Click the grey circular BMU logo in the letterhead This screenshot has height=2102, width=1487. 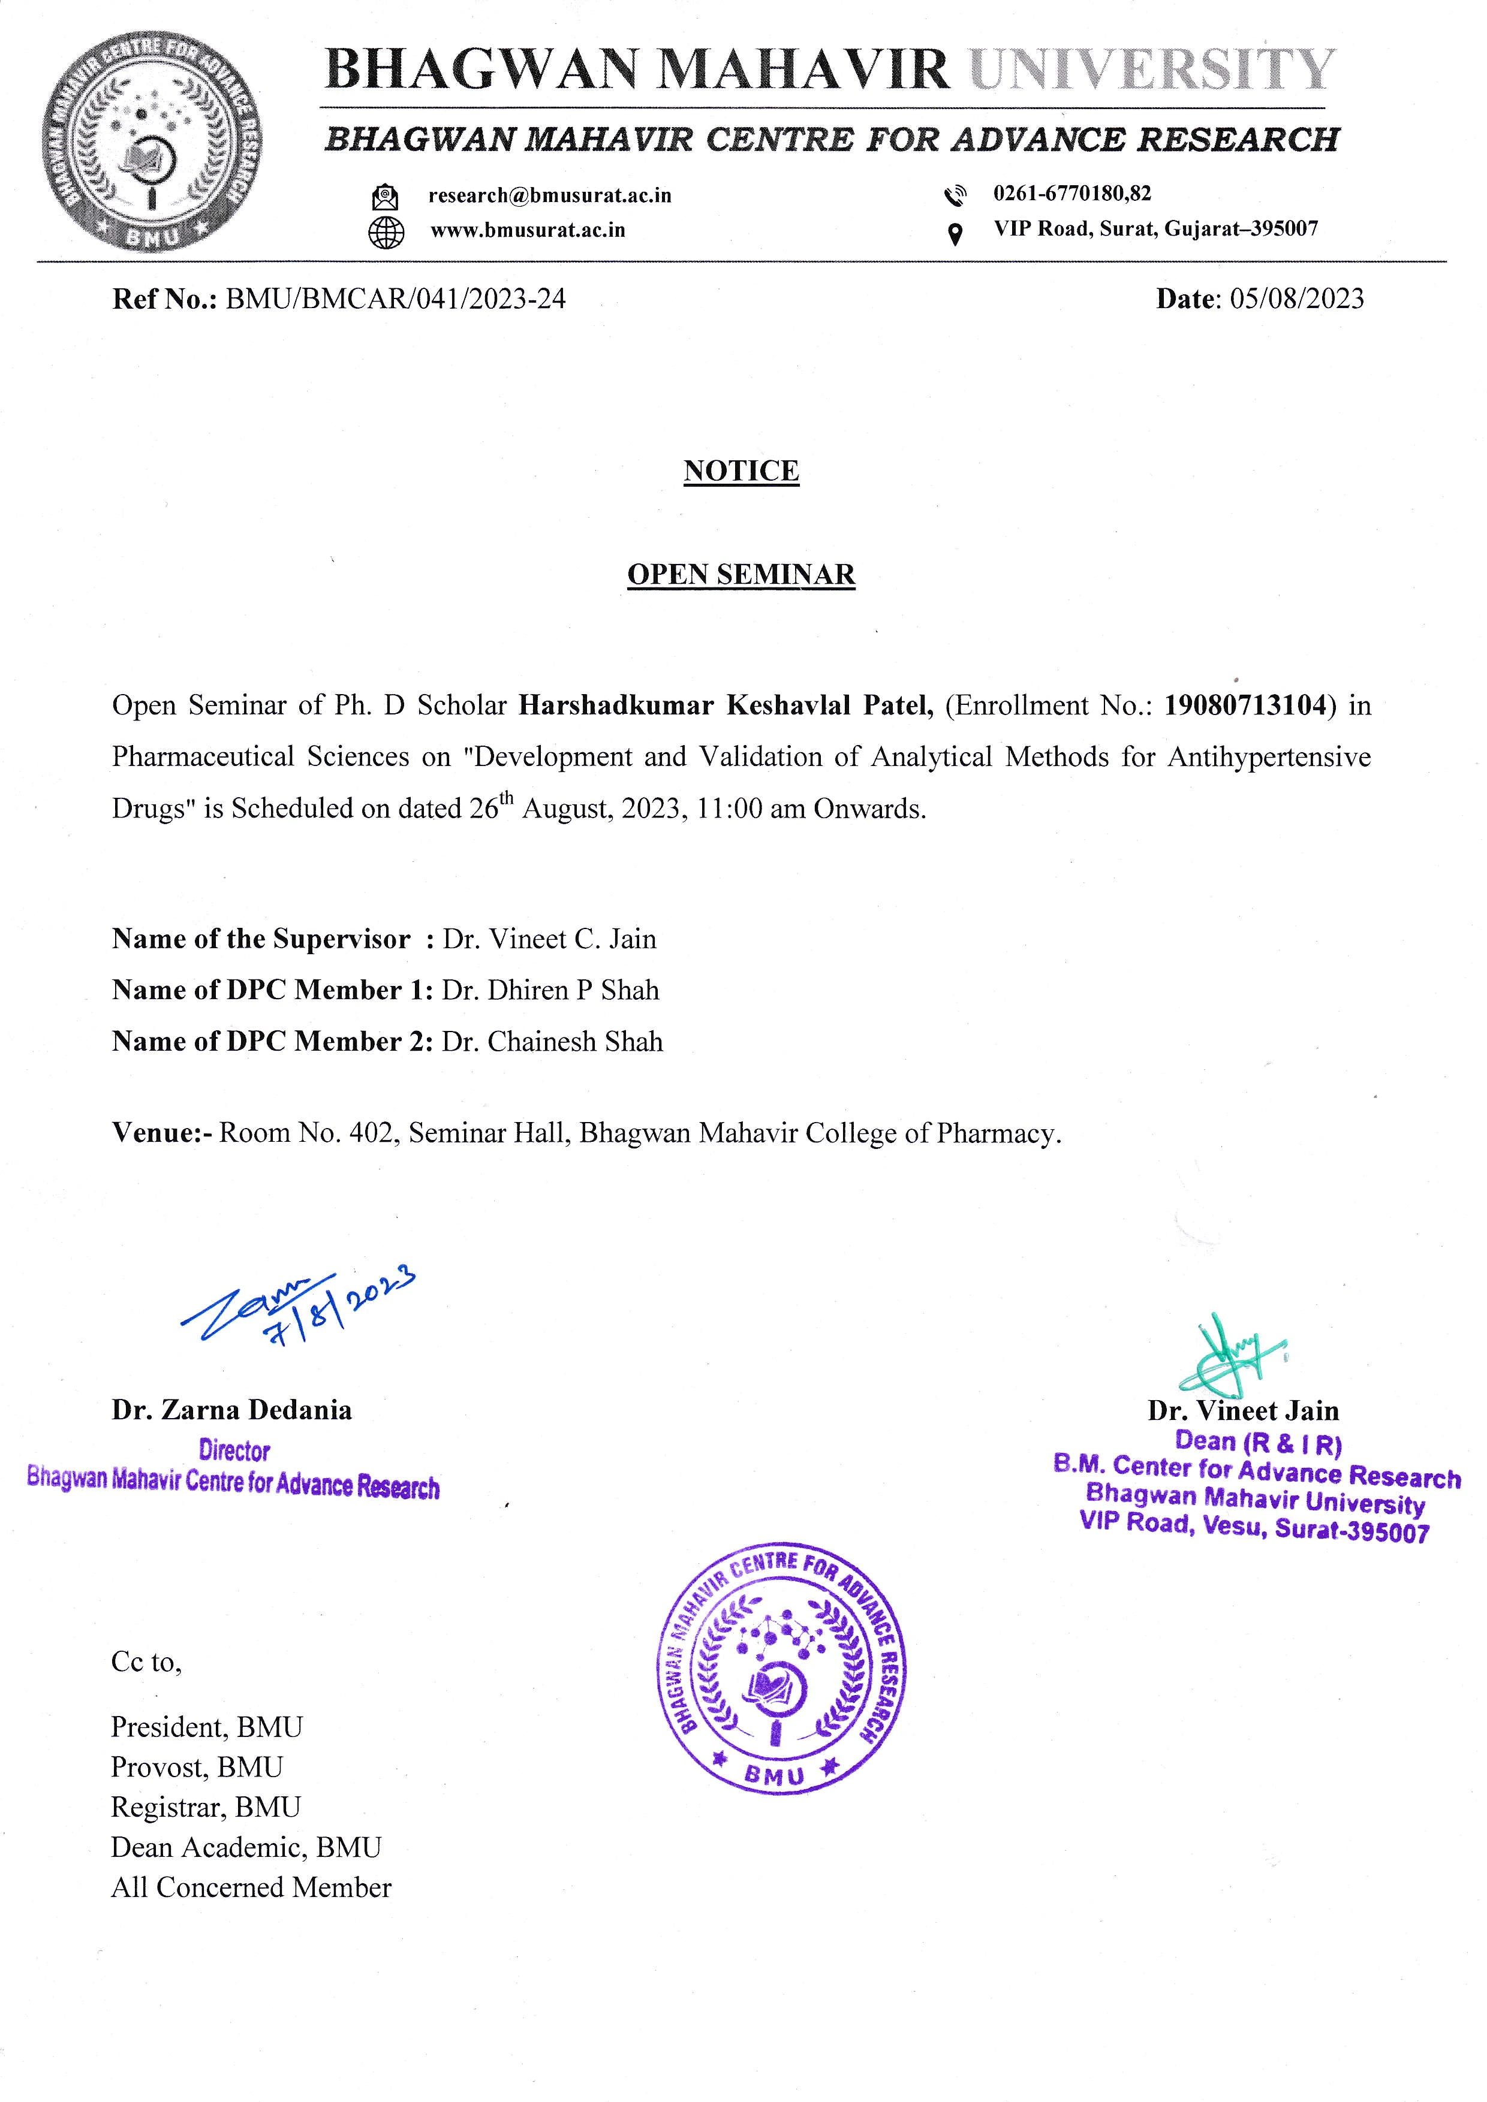point(152,144)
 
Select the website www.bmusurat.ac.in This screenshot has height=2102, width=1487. point(528,230)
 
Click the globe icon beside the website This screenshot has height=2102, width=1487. point(386,231)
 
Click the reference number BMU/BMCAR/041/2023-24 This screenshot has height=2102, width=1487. point(395,299)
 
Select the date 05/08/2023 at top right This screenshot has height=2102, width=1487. point(1296,299)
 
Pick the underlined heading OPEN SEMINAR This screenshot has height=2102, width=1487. point(741,574)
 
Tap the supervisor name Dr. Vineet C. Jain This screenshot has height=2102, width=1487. point(549,939)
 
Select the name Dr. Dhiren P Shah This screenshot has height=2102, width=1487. point(550,991)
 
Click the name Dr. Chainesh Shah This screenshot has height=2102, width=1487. point(552,1042)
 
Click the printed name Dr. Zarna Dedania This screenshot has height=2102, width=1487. point(231,1410)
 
